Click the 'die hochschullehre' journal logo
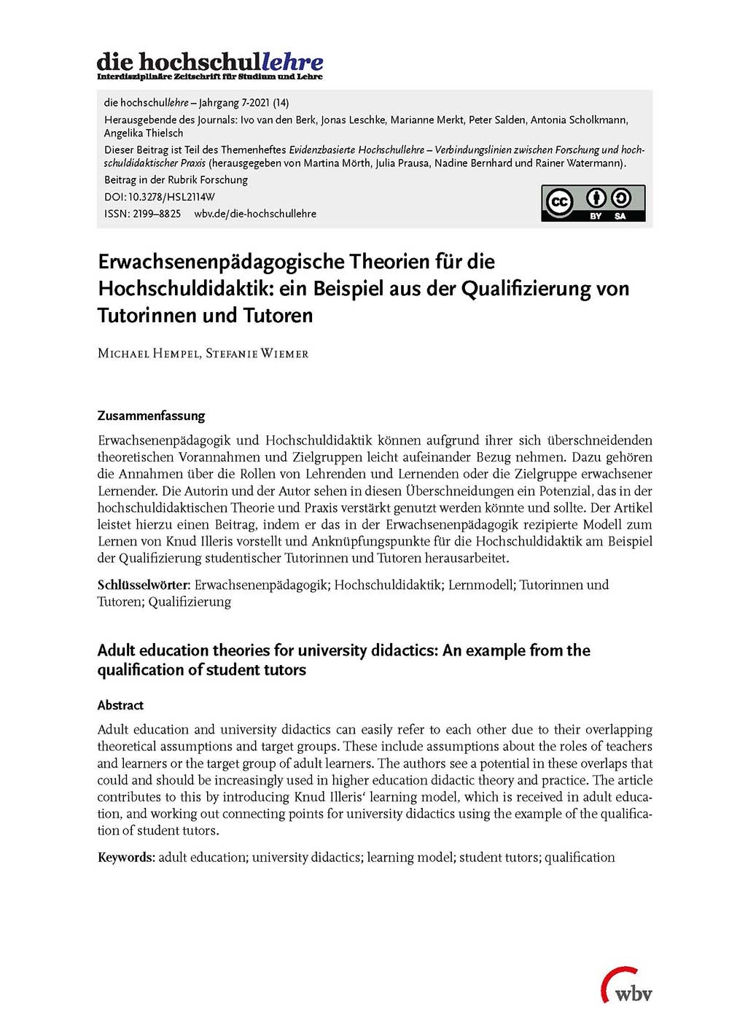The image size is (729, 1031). (210, 65)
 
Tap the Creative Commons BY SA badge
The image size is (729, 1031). (593, 203)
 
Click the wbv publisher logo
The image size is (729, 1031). (626, 986)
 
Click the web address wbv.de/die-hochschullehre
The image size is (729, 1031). (255, 214)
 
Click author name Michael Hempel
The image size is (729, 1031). (147, 354)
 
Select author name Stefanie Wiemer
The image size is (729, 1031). (257, 354)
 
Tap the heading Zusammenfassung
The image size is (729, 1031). (151, 416)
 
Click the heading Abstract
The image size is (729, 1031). (120, 705)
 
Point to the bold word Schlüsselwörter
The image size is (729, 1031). (144, 585)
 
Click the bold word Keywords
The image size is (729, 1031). (125, 857)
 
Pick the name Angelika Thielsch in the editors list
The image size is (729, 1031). (144, 133)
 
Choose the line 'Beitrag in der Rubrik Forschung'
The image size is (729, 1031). (176, 179)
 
